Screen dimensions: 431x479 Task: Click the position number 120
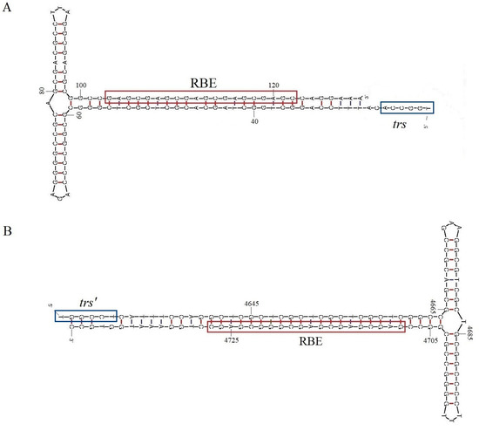click(273, 85)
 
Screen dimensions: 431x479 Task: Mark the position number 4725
click(217, 338)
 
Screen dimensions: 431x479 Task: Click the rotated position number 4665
click(433, 304)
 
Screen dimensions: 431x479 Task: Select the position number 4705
click(430, 335)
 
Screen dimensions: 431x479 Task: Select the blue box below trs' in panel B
click(85, 316)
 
